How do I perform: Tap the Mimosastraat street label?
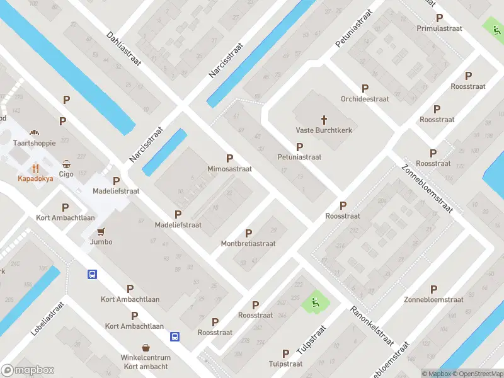click(229, 169)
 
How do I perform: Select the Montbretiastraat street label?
click(248, 244)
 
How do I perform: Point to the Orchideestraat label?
click(365, 99)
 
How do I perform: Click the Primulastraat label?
click(439, 28)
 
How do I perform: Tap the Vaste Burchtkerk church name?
click(324, 130)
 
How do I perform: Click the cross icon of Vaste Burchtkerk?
click(324, 119)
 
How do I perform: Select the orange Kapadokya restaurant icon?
click(35, 168)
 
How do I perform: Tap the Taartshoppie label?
click(35, 143)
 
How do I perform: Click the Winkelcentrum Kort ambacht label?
click(146, 362)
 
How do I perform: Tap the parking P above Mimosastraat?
click(229, 158)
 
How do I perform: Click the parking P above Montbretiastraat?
click(248, 233)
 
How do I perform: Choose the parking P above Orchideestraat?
click(365, 88)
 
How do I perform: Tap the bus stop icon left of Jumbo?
click(92, 274)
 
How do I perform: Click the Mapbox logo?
click(28, 370)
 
